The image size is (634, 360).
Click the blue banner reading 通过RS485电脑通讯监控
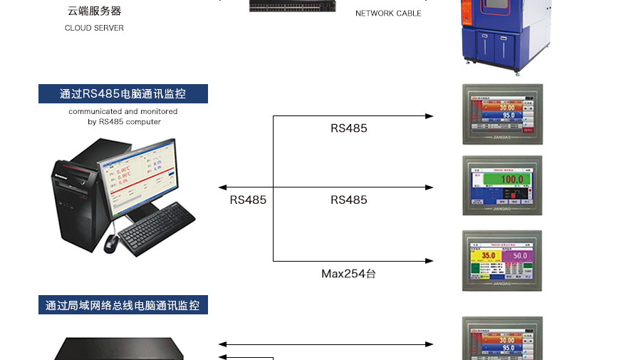(x=123, y=94)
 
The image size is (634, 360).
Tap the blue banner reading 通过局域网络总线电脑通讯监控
(x=123, y=305)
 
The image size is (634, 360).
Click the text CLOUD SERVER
(x=94, y=29)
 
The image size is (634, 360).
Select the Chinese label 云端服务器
(x=94, y=11)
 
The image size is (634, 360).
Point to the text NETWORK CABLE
(x=388, y=14)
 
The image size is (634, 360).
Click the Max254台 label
(x=348, y=273)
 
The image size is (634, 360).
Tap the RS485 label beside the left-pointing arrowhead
(x=248, y=200)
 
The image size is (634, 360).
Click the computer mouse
(x=110, y=243)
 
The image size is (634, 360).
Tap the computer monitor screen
(x=137, y=178)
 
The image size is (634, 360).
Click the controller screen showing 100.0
(x=502, y=185)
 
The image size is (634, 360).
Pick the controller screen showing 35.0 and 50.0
(x=502, y=259)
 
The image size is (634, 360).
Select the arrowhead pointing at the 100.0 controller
(x=429, y=187)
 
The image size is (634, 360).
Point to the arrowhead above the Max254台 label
(x=429, y=261)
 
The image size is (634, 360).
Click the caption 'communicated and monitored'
(x=123, y=111)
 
